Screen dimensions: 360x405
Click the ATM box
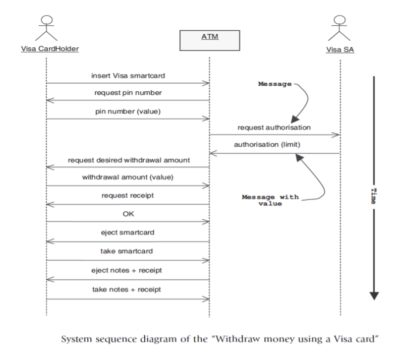point(209,40)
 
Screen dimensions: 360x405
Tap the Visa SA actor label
point(340,49)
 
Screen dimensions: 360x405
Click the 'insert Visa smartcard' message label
point(127,76)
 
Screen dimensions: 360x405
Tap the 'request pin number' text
point(127,93)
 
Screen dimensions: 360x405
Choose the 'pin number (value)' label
point(127,111)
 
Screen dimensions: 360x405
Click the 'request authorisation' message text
point(274,128)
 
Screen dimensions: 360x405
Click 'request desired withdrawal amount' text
point(127,160)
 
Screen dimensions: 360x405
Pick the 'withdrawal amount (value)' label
point(127,177)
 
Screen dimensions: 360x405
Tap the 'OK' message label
point(127,213)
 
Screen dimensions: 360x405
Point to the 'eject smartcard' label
point(127,232)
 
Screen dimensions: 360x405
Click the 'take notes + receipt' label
point(127,289)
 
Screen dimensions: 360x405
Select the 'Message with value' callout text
point(270,200)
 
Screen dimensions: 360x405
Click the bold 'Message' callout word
point(274,84)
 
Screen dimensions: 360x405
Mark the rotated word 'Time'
point(373,195)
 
